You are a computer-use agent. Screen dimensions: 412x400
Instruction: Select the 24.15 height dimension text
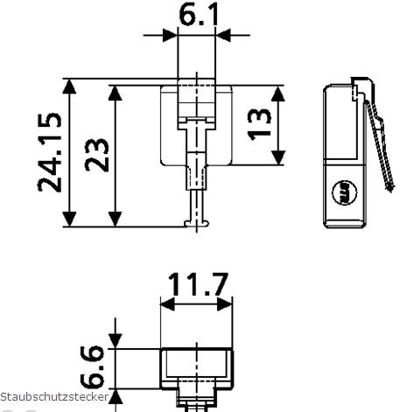(x=50, y=153)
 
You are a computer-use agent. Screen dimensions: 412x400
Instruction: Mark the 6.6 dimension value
(x=95, y=367)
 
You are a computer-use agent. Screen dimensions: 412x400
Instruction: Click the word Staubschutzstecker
(x=54, y=397)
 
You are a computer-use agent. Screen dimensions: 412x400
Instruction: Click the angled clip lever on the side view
(x=375, y=140)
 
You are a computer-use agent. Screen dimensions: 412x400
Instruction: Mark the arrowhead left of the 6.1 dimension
(x=171, y=36)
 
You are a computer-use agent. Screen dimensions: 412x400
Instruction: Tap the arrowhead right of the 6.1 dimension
(x=222, y=36)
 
